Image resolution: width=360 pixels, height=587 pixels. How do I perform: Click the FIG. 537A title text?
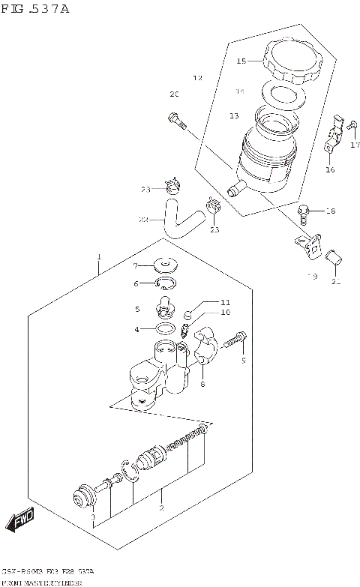click(x=35, y=8)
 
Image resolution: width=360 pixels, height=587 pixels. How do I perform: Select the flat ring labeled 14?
click(x=281, y=96)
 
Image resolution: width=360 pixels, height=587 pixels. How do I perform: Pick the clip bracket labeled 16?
click(x=334, y=138)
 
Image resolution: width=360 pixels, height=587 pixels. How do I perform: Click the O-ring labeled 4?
click(x=167, y=328)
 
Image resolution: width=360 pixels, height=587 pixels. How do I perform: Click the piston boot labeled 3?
click(x=80, y=496)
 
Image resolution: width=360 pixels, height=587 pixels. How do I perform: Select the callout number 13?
click(x=234, y=115)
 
